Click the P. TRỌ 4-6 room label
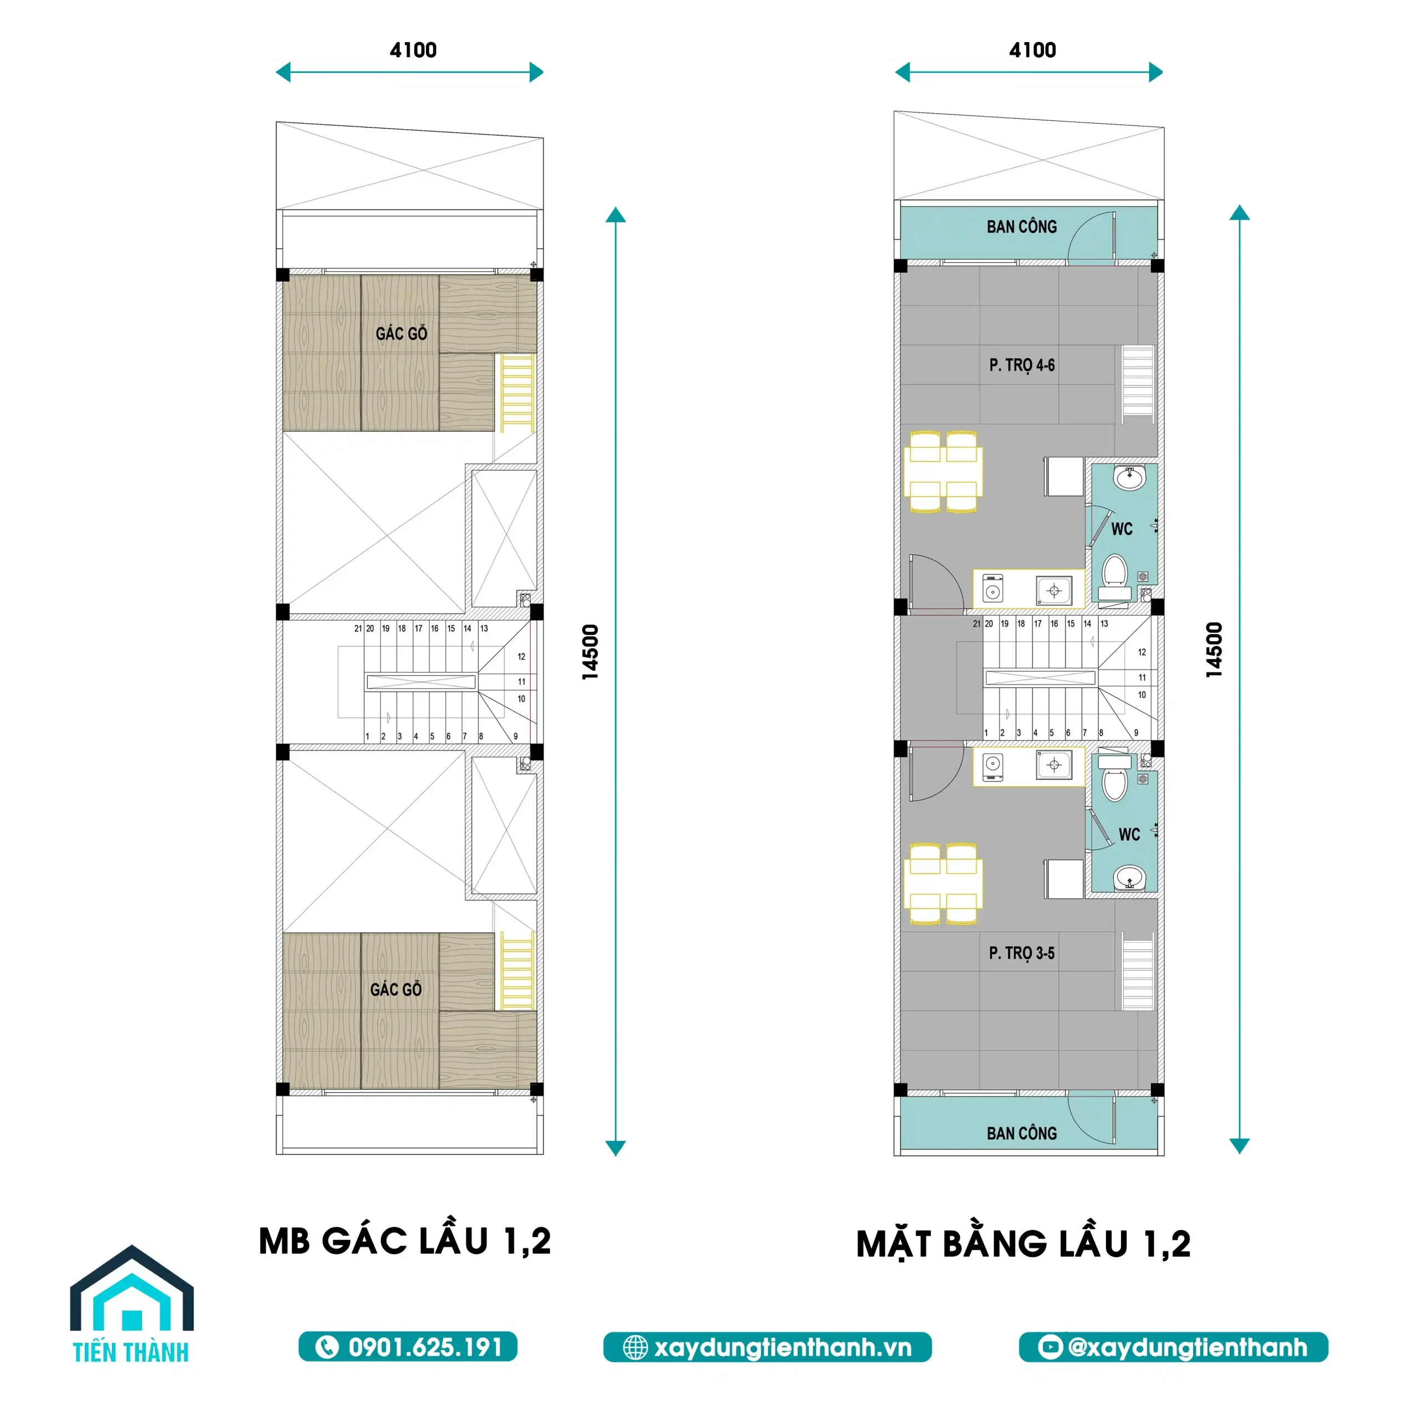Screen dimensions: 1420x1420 pyautogui.click(x=1022, y=366)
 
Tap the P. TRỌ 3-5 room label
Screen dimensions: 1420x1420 pyautogui.click(x=1022, y=954)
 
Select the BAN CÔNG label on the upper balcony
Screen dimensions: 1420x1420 pyautogui.click(x=1022, y=227)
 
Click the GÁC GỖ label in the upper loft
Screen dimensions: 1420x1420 pyautogui.click(x=401, y=334)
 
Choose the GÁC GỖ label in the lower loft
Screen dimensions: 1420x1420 pyautogui.click(x=396, y=990)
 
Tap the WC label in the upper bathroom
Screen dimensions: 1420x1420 pyautogui.click(x=1122, y=529)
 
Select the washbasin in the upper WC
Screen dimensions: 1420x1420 pyautogui.click(x=1129, y=479)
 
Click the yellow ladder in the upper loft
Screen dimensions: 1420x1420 pyautogui.click(x=518, y=393)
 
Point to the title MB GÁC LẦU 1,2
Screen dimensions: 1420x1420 pyautogui.click(x=405, y=1241)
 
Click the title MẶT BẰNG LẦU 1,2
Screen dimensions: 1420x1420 pyautogui.click(x=1023, y=1244)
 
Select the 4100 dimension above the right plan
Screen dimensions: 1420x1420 pyautogui.click(x=1032, y=50)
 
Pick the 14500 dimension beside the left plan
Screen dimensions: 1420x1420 pyautogui.click(x=590, y=651)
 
